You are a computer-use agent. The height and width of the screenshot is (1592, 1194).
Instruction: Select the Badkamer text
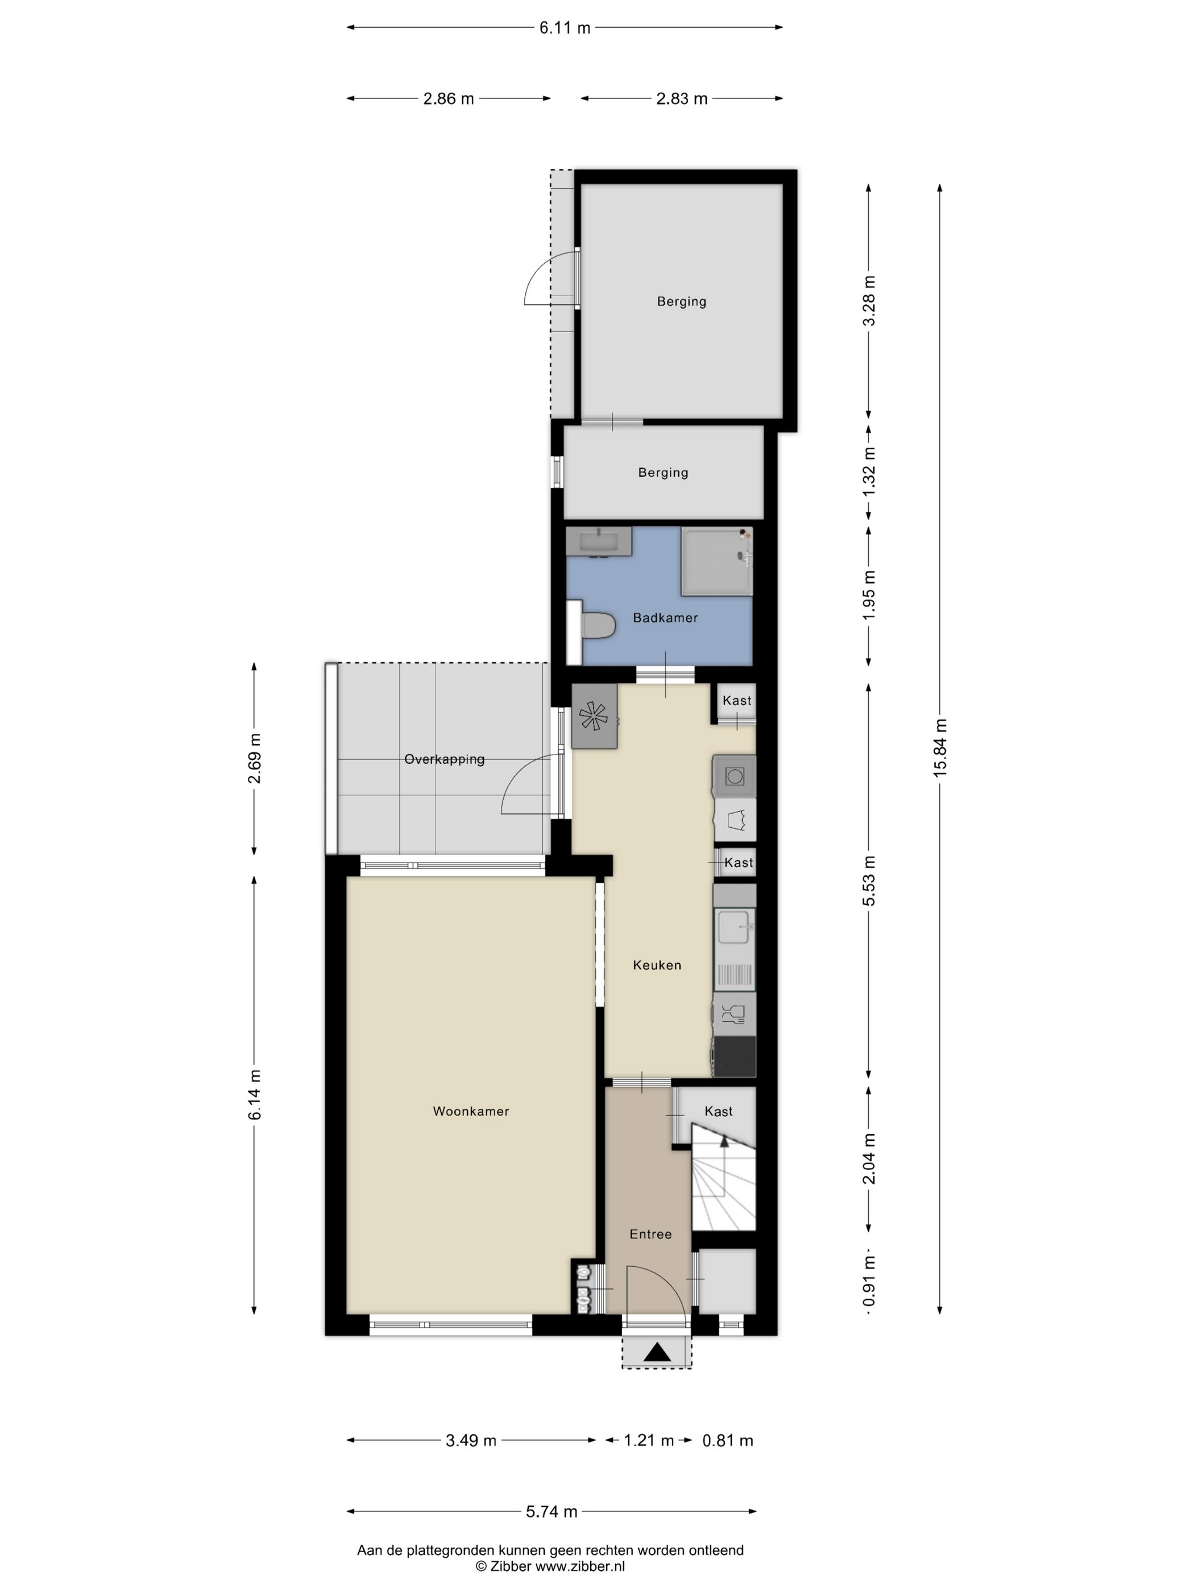665,617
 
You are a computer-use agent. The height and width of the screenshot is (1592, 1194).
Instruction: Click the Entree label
650,1234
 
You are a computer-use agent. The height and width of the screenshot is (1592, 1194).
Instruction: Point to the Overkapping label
444,759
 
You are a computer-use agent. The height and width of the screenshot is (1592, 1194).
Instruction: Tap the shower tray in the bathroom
717,562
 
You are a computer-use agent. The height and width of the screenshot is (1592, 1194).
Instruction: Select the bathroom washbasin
599,541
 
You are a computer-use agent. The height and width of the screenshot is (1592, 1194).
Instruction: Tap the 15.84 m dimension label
940,747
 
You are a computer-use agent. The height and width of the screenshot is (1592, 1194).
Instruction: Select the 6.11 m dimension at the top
565,28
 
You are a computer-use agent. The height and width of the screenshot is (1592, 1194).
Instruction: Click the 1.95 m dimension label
869,595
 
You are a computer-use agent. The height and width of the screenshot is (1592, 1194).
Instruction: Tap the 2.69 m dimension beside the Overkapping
255,758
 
